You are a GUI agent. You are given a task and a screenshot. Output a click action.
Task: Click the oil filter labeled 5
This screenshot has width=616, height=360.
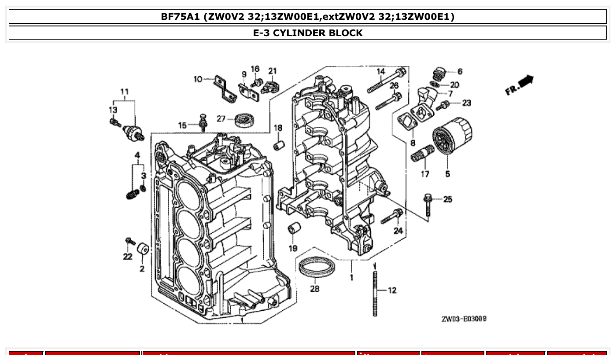coord(451,136)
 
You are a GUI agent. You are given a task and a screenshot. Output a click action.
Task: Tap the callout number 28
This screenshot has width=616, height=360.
coord(315,290)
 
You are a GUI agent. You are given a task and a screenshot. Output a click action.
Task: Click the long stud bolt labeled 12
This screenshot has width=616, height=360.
coord(375,293)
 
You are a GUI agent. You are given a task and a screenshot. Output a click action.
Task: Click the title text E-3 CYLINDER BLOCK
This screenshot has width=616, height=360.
coord(308,33)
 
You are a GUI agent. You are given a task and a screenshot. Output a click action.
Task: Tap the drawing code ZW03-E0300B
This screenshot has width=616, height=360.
coord(464,319)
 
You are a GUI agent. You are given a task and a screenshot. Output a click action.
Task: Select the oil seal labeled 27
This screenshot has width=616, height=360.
coord(243,120)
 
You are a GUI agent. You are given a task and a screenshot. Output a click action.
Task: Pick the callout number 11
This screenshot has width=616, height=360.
coord(125,92)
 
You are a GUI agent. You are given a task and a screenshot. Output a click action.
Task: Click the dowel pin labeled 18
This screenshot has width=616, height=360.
coord(279,145)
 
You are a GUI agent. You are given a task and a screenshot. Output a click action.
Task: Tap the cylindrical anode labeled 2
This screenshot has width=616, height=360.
coord(142,249)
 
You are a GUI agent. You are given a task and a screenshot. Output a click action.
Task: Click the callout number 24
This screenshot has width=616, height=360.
coord(398,231)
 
